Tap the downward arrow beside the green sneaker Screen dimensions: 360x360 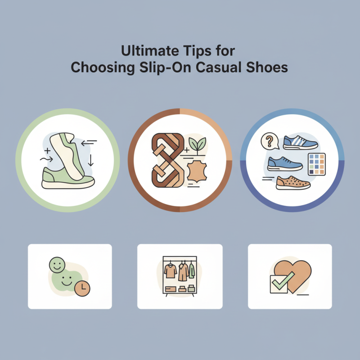91,160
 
